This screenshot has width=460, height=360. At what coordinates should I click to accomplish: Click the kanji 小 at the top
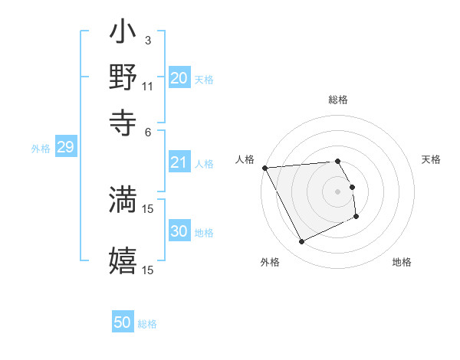click(x=123, y=35)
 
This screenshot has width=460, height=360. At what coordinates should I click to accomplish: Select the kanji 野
click(x=123, y=78)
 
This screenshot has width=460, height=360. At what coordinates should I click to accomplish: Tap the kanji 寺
click(x=123, y=119)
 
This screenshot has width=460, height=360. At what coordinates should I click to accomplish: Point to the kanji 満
click(x=123, y=199)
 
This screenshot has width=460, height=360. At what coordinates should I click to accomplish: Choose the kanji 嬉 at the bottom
click(x=123, y=260)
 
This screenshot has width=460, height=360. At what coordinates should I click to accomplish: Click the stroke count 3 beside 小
click(x=147, y=40)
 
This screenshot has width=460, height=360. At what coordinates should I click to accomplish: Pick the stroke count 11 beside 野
click(x=148, y=86)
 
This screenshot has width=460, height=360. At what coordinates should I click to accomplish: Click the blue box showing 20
click(x=179, y=78)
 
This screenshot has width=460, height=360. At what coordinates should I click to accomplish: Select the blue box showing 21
click(x=179, y=162)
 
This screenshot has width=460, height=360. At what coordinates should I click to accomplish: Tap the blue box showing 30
click(x=179, y=231)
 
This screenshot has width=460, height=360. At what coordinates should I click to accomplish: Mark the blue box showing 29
click(x=65, y=147)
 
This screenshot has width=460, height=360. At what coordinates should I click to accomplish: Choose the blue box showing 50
click(x=123, y=322)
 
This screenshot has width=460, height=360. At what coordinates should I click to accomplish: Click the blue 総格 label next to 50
click(x=147, y=324)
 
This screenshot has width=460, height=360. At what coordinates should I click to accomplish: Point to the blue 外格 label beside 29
click(x=41, y=149)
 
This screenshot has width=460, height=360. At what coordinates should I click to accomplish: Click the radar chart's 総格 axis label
click(x=338, y=100)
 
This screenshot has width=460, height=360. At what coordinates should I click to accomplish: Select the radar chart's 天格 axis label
click(x=432, y=159)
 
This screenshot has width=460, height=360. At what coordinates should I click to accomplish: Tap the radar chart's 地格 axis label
click(x=402, y=262)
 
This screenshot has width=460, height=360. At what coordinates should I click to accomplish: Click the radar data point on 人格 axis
click(x=264, y=168)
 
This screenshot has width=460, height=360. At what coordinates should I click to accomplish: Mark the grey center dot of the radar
click(x=338, y=191)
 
